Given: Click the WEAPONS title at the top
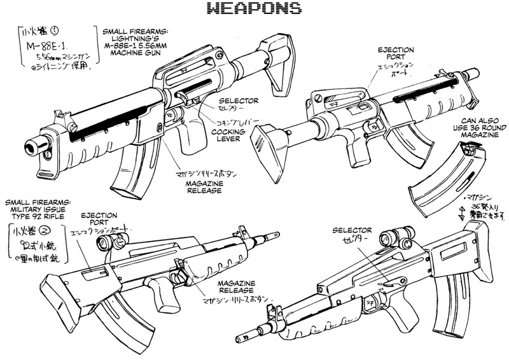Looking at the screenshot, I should (254, 8).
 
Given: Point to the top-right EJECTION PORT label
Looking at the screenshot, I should (396, 53).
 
